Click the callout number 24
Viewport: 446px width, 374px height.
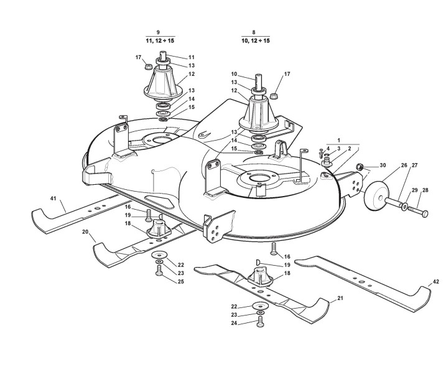pos(233,324)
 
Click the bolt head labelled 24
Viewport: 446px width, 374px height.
pos(261,321)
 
